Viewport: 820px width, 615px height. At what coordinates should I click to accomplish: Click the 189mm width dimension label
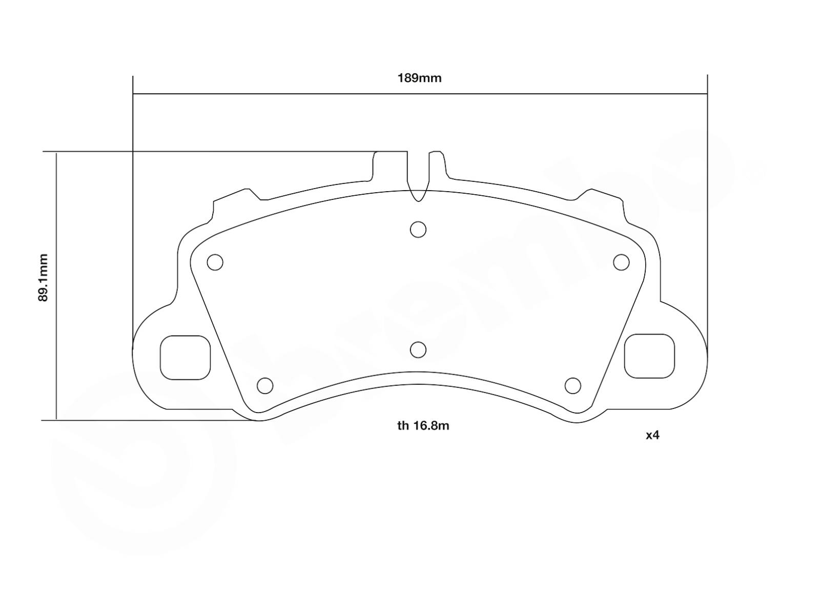pyautogui.click(x=419, y=78)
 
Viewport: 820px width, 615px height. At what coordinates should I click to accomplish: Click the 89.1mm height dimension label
pyautogui.click(x=44, y=277)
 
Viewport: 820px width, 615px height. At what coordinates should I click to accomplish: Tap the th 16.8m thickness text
pyautogui.click(x=423, y=426)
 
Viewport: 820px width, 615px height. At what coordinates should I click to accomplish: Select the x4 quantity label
pyautogui.click(x=652, y=436)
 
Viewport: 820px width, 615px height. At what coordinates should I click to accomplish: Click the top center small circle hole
pyautogui.click(x=418, y=230)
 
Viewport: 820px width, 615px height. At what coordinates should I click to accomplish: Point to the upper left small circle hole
pyautogui.click(x=215, y=262)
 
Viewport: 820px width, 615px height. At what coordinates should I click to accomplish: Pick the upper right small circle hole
pyautogui.click(x=621, y=262)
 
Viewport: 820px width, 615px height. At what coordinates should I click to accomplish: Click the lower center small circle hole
pyautogui.click(x=418, y=350)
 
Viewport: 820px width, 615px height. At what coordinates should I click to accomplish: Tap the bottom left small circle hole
pyautogui.click(x=264, y=385)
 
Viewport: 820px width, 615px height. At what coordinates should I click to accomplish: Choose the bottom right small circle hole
pyautogui.click(x=572, y=385)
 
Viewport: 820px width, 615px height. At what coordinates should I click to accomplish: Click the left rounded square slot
pyautogui.click(x=186, y=358)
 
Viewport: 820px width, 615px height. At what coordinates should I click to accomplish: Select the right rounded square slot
pyautogui.click(x=649, y=356)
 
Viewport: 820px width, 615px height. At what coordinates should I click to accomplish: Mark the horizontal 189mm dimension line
pyautogui.click(x=307, y=94)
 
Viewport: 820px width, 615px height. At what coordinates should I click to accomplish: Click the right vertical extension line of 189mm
pyautogui.click(x=707, y=205)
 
